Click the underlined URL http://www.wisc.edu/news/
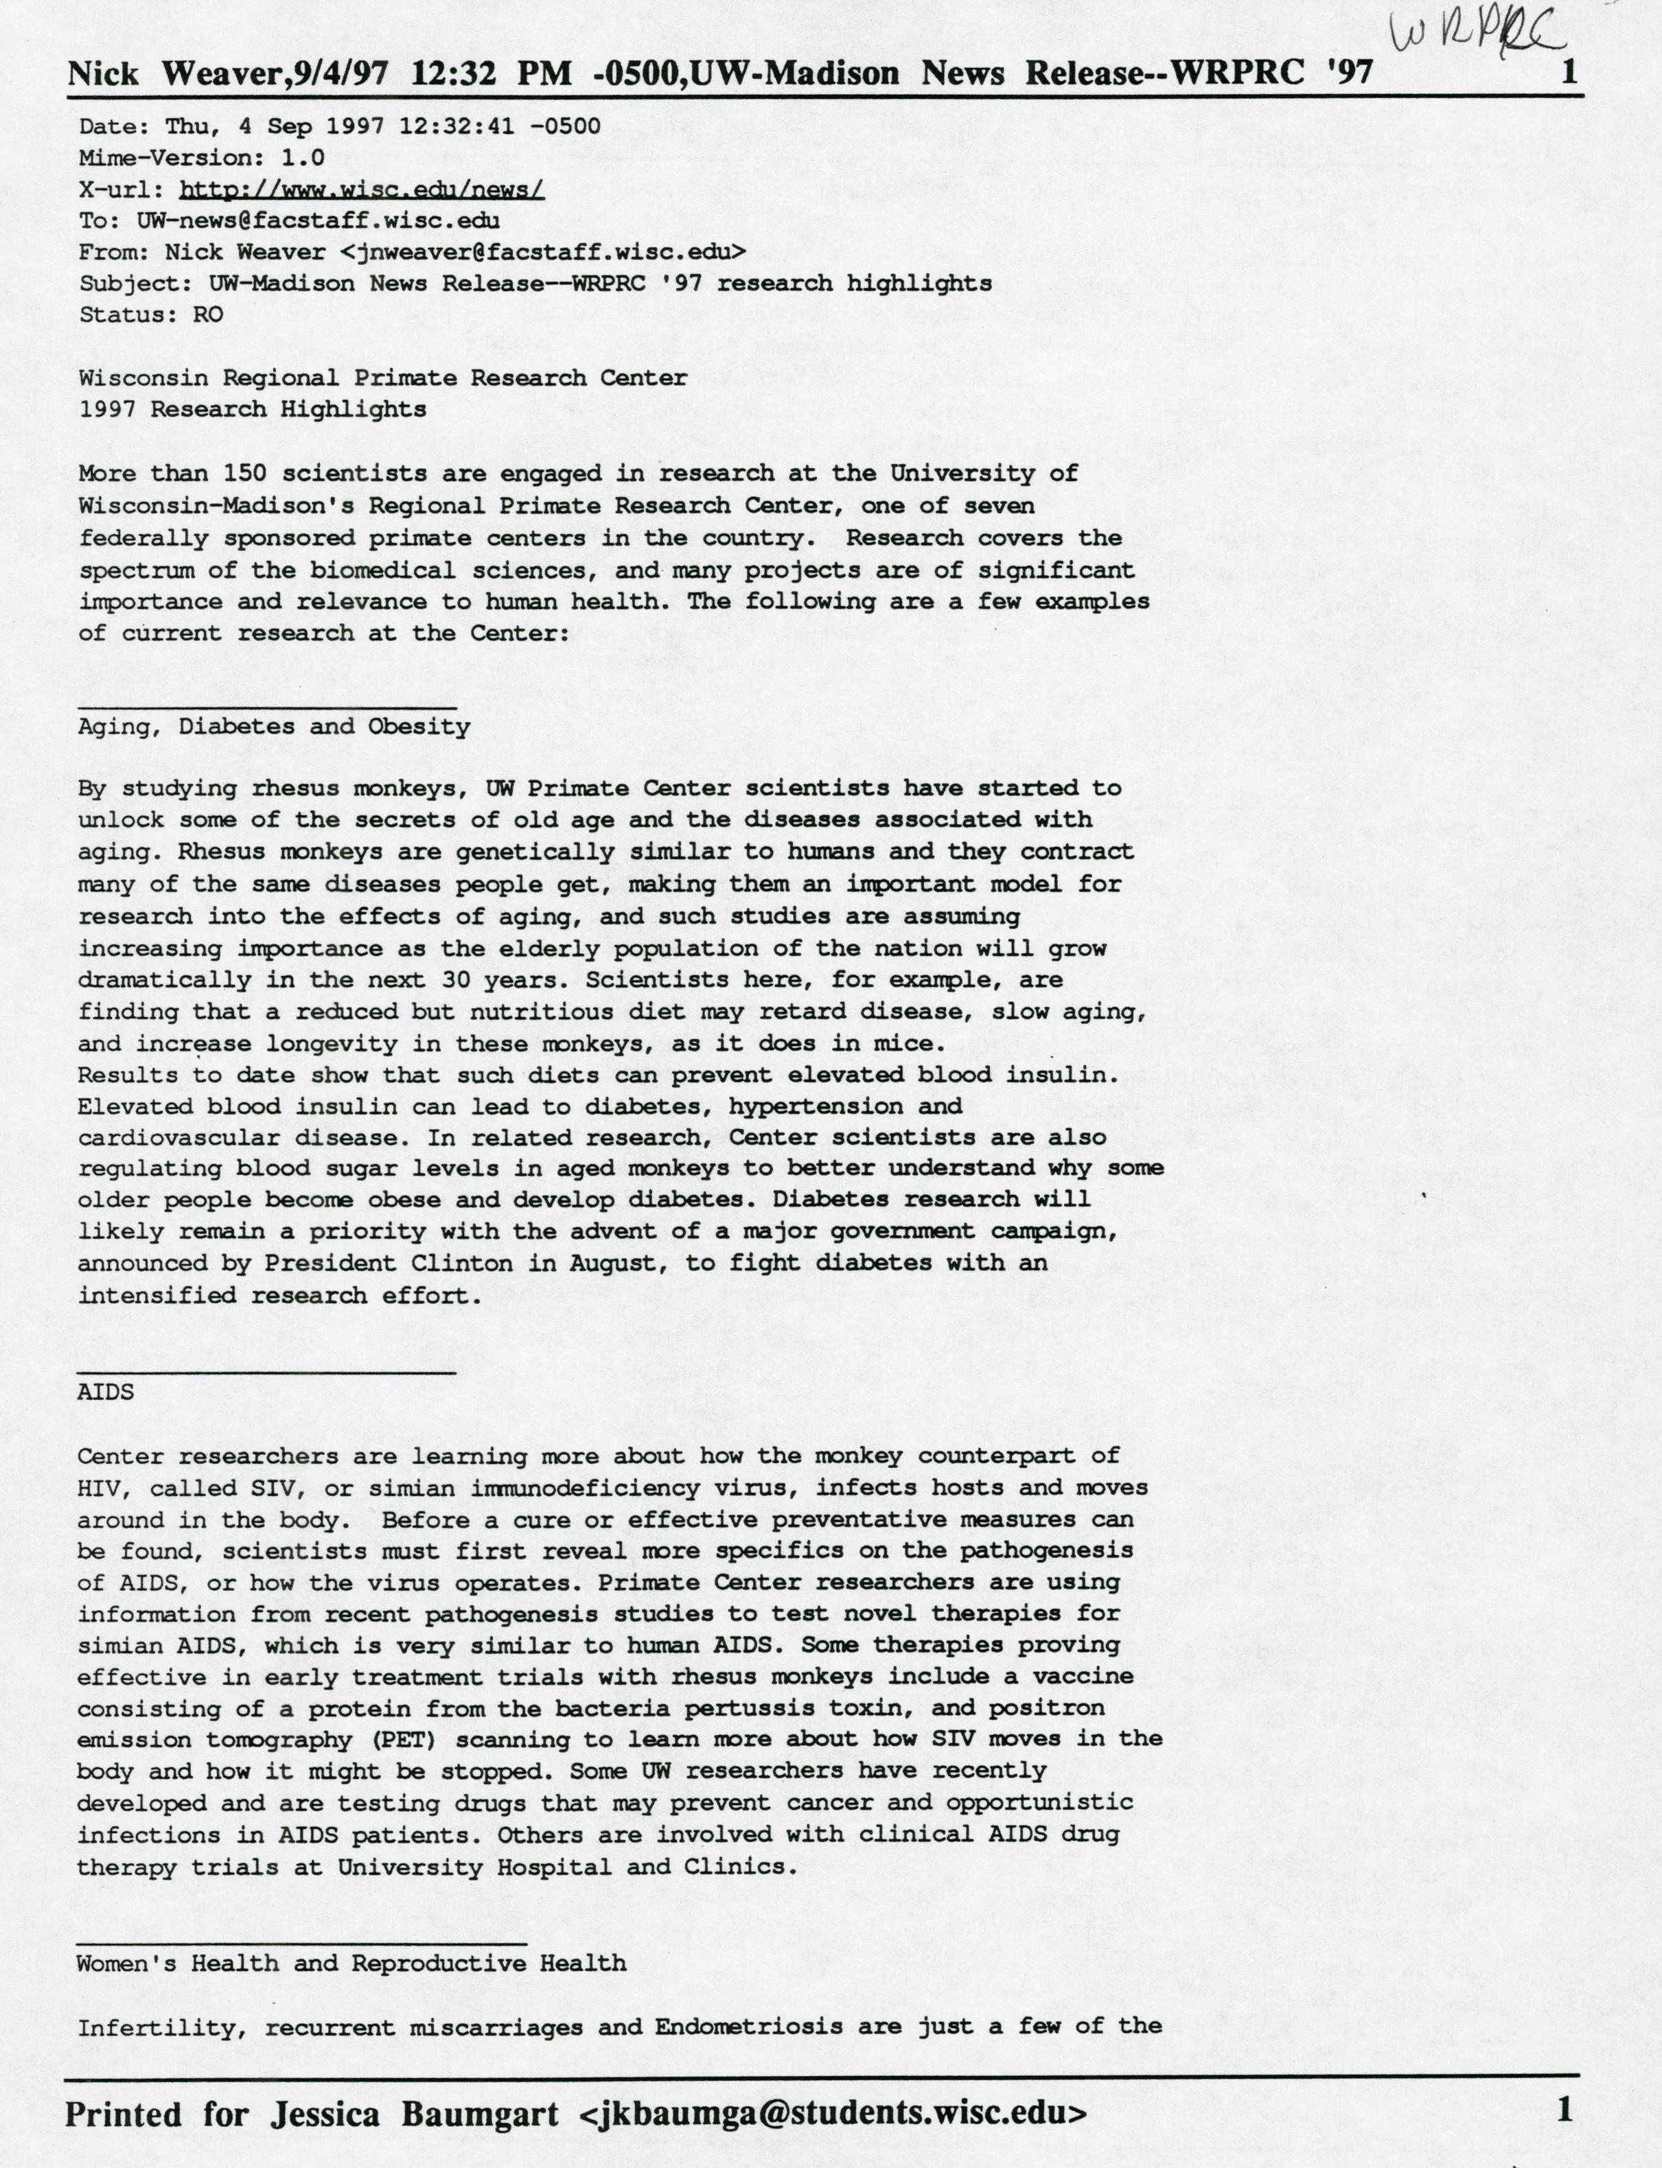tap(362, 189)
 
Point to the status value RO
tap(209, 314)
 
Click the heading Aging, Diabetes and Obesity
tap(274, 727)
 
